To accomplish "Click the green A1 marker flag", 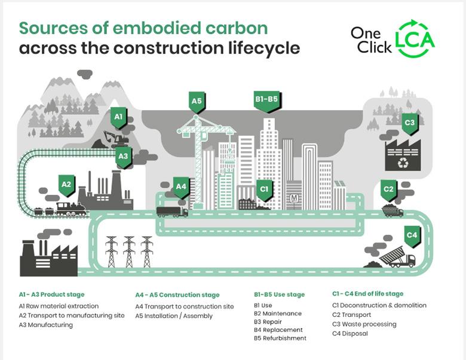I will [118, 117].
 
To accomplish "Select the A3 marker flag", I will [123, 157].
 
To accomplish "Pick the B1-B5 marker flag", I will [266, 100].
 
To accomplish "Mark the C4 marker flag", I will [412, 236].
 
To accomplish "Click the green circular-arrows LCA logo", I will [416, 39].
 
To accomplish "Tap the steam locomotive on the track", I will [71, 209].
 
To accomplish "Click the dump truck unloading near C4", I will [397, 258].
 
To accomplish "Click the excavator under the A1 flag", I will [115, 139].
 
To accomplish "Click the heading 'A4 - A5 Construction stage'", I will [177, 295].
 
